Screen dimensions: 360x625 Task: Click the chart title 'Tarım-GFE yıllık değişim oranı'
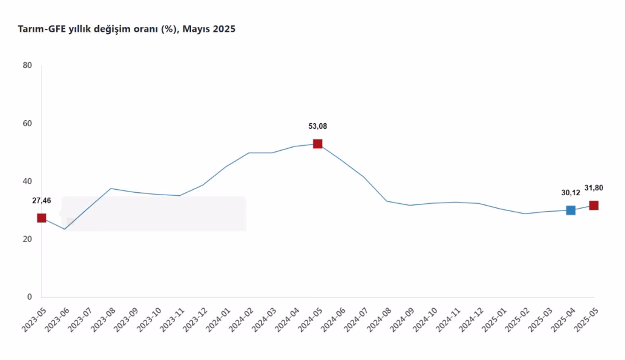tap(98, 29)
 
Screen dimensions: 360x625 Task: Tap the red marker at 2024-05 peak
tap(317, 144)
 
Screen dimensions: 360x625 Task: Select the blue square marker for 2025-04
tap(571, 210)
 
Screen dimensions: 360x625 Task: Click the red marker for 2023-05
tap(42, 218)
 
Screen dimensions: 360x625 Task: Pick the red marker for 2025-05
tap(594, 206)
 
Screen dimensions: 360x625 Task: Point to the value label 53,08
tap(317, 126)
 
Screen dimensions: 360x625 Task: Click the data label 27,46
tap(42, 200)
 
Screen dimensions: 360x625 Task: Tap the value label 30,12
tap(571, 193)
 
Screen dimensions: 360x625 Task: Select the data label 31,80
tap(594, 188)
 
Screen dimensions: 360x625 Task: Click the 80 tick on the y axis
tap(27, 65)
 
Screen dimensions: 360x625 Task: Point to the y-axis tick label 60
tap(27, 123)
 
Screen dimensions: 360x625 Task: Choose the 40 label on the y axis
tap(27, 181)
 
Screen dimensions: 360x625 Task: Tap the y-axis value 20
tap(27, 239)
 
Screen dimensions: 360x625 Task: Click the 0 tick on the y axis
tap(29, 297)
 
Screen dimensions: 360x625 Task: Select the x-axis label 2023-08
tap(103, 319)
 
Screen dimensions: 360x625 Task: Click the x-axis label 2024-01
tap(217, 319)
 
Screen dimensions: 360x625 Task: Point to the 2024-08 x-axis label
tap(378, 319)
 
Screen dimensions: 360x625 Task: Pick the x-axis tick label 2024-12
tap(471, 319)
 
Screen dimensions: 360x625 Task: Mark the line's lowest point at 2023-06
tap(65, 229)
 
